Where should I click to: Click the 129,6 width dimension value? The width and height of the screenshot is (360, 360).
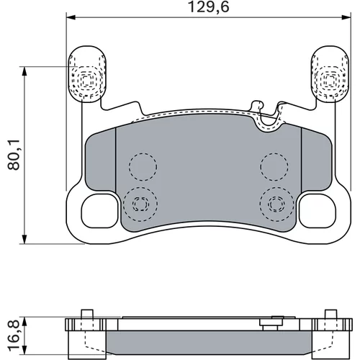point(208,7)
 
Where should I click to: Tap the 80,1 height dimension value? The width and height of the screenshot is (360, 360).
point(14,156)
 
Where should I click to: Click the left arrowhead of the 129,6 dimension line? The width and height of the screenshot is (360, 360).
point(71,17)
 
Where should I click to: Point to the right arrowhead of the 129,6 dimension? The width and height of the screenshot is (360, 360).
point(346,17)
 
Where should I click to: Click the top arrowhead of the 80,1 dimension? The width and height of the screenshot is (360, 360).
point(24,71)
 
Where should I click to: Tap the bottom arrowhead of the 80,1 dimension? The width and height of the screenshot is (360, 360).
point(24,239)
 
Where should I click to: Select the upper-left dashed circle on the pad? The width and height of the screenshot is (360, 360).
point(143,167)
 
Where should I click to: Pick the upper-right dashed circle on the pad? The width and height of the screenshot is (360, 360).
point(274,166)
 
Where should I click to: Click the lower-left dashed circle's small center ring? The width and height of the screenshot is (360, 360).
point(140,204)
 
